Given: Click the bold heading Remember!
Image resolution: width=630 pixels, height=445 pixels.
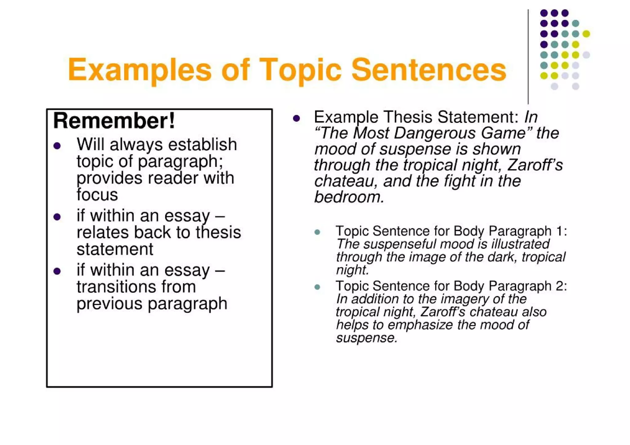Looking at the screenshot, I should tap(114, 121).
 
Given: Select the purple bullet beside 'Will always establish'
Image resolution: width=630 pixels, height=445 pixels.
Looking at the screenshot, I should tap(57, 145).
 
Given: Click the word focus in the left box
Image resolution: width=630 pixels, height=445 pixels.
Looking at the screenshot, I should tap(97, 195).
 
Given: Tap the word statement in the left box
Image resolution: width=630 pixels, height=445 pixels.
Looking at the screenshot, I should tap(115, 249).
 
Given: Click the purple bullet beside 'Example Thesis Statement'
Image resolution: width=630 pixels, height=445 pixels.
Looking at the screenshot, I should tap(297, 118).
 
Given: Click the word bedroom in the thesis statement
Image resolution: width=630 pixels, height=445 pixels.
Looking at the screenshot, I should tap(349, 197).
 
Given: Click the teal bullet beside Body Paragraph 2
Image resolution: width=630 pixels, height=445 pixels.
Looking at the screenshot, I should tap(317, 287).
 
